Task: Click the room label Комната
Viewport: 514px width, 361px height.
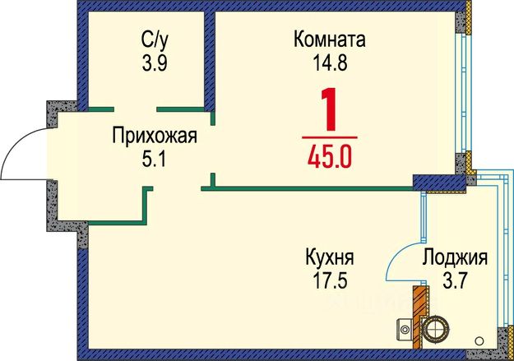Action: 329,39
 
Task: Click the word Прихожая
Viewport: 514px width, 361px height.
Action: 155,136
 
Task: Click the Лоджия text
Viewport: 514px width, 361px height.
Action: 455,257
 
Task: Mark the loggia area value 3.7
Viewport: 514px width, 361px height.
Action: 455,280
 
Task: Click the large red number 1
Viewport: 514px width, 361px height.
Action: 330,109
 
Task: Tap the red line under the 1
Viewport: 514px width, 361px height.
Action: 330,137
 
